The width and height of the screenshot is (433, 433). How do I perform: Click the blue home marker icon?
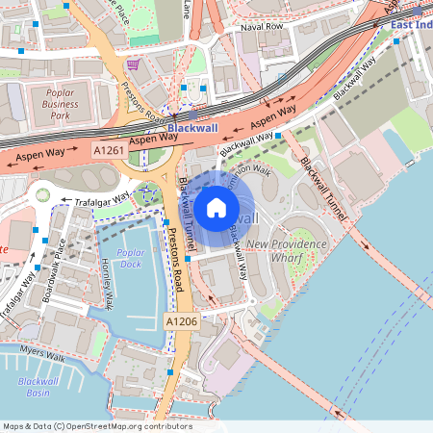pyautogui.click(x=216, y=207)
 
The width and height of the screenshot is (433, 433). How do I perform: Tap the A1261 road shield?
pyautogui.click(x=109, y=151)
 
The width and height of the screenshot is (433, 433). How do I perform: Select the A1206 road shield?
pyautogui.click(x=181, y=320)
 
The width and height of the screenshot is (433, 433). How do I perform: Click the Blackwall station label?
pyautogui.click(x=192, y=127)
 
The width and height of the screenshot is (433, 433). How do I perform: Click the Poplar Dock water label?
pyautogui.click(x=130, y=258)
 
